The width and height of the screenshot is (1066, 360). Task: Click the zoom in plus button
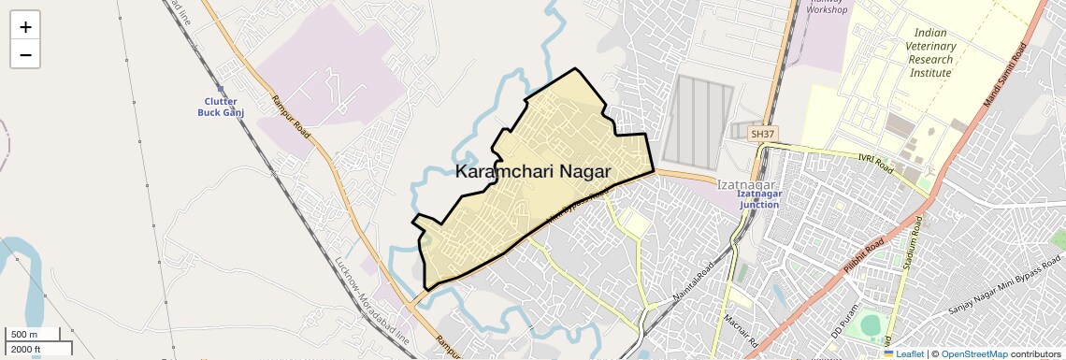(x=25, y=26)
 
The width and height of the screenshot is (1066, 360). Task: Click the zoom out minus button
(x=25, y=54)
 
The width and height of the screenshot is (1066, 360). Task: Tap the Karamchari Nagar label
(x=533, y=172)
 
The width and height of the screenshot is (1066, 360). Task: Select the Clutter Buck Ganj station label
(x=217, y=107)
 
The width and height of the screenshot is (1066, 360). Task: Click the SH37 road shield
(x=763, y=135)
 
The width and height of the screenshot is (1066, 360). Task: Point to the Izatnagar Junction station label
(x=759, y=199)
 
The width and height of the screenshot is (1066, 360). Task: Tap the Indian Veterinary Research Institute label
(x=930, y=53)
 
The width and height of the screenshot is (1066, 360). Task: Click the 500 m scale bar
(x=34, y=335)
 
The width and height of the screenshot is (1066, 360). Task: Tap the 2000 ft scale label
(x=25, y=350)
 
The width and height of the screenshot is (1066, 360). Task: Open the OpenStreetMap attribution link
(x=973, y=353)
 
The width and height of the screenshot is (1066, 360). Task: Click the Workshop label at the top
(x=827, y=9)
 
